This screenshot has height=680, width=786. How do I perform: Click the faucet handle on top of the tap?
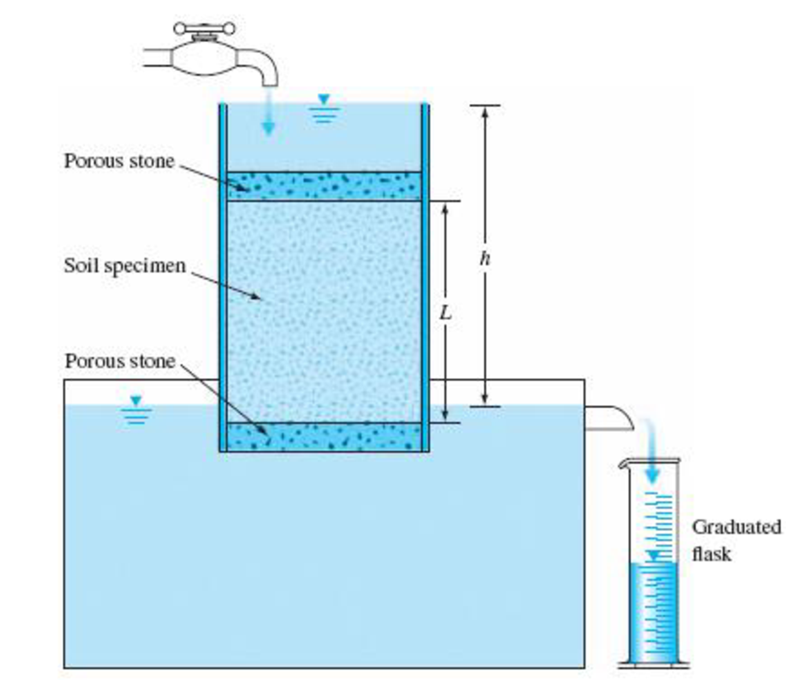pos(205,29)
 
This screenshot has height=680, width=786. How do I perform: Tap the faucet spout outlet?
pos(270,83)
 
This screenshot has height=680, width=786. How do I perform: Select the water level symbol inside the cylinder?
pos(324,108)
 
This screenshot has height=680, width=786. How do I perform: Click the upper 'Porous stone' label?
pos(119,161)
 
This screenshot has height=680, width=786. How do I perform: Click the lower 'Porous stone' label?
pos(119,361)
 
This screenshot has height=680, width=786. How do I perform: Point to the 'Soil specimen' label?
pos(125,266)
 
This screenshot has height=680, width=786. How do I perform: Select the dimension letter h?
pos(485,258)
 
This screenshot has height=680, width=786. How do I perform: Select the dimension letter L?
pos(445,313)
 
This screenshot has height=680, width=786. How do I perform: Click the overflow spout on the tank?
pos(609,418)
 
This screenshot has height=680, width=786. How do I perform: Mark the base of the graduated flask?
pos(653,664)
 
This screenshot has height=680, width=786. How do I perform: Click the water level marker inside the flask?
pos(653,556)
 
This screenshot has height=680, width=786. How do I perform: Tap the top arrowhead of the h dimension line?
pos(485,111)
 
